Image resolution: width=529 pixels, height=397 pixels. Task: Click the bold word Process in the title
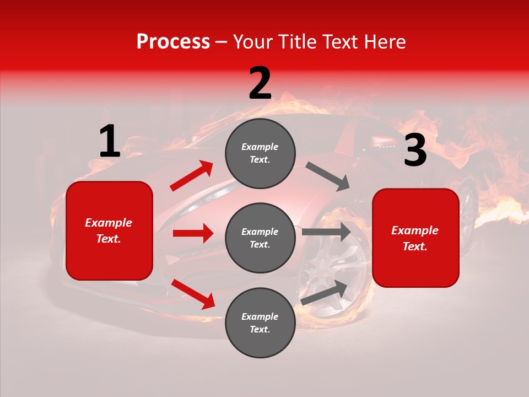pyautogui.click(x=173, y=42)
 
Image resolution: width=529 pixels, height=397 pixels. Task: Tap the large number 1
pyautogui.click(x=110, y=141)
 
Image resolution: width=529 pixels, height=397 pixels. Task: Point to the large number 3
pyautogui.click(x=415, y=150)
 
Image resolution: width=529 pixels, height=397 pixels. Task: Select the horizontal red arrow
pyautogui.click(x=193, y=233)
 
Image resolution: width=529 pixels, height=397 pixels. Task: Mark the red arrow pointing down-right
pyautogui.click(x=193, y=294)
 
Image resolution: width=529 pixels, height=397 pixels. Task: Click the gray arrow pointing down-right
pyautogui.click(x=328, y=176)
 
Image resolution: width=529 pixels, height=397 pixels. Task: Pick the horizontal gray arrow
pyautogui.click(x=326, y=232)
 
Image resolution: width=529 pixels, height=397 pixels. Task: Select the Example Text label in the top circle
pyautogui.click(x=260, y=153)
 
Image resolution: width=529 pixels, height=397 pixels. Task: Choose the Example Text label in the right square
pyautogui.click(x=415, y=238)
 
